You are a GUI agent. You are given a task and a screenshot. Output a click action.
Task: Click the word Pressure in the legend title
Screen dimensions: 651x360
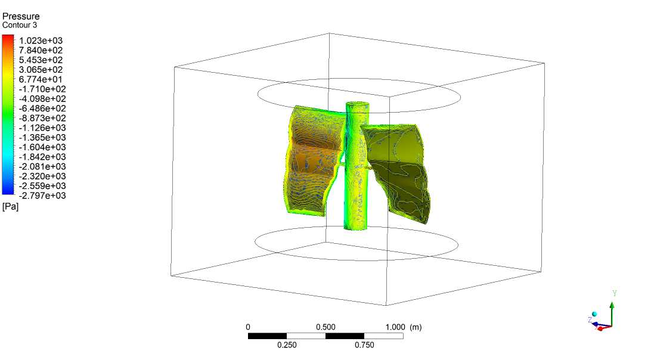pyautogui.click(x=21, y=16)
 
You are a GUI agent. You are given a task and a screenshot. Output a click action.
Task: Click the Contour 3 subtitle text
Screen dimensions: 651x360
pyautogui.click(x=20, y=25)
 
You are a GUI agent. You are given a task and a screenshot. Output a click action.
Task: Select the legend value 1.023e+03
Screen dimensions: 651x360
pyautogui.click(x=41, y=41)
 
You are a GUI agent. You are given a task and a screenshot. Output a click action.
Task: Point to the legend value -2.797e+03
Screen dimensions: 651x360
pyautogui.click(x=42, y=195)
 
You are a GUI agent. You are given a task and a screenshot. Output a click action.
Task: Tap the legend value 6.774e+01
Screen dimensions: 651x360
pyautogui.click(x=41, y=79)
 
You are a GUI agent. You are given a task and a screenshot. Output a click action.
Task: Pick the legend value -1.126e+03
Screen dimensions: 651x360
pyautogui.click(x=42, y=128)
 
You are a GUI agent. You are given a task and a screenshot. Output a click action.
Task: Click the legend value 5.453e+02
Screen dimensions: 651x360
pyautogui.click(x=41, y=60)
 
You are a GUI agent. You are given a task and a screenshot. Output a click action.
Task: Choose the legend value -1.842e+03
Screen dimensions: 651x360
pyautogui.click(x=42, y=157)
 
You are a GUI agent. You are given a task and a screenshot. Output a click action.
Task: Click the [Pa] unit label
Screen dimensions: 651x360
pyautogui.click(x=10, y=206)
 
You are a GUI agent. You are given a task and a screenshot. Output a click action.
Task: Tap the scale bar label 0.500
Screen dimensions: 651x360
pyautogui.click(x=325, y=327)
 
